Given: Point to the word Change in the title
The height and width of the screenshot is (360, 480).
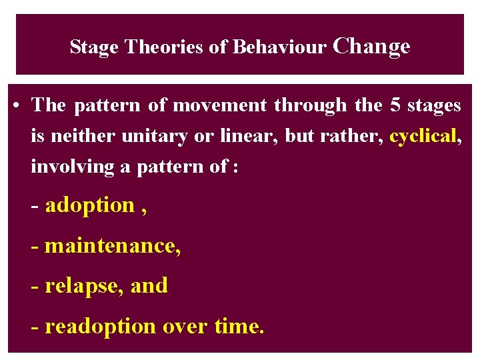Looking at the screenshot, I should [x=371, y=47].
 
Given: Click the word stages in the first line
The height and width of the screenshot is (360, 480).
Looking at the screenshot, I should [x=435, y=105].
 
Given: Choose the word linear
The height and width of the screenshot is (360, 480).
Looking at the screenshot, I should [x=249, y=136].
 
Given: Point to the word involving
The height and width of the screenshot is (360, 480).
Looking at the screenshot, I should [x=72, y=167].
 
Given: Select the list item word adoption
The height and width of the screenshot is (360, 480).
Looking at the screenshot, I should [x=90, y=205].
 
